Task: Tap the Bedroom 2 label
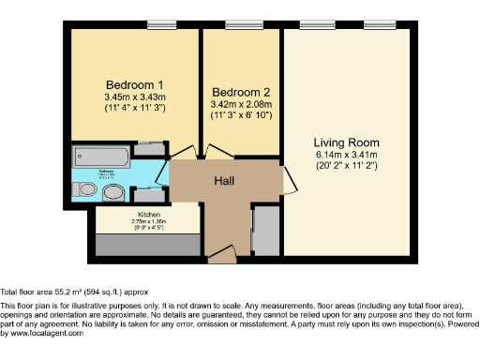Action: click(241, 92)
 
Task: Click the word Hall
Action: click(223, 181)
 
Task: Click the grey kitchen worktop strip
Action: click(146, 241)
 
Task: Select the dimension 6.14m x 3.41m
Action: click(345, 156)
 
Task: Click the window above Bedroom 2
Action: click(243, 22)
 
